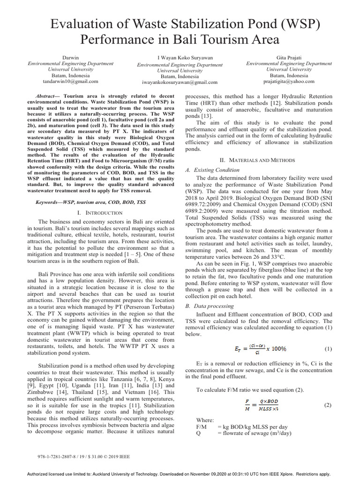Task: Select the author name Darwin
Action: click(71, 57)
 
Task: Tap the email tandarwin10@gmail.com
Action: click(71, 81)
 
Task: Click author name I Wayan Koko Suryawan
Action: click(180, 58)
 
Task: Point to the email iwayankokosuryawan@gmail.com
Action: click(180, 82)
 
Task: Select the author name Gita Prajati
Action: click(289, 57)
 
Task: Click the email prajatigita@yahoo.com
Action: click(289, 81)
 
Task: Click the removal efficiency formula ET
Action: click(260, 349)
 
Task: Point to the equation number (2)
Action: click(327, 405)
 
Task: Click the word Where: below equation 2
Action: click(205, 420)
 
